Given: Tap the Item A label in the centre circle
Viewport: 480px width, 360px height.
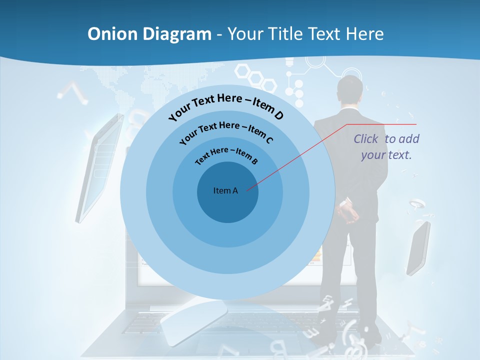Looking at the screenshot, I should click(225, 190).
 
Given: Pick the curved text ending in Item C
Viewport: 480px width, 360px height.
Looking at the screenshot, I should click(226, 131).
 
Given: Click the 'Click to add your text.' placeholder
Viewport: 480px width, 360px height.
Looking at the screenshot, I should click(386, 147).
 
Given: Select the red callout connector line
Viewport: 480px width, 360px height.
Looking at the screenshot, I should click(300, 155).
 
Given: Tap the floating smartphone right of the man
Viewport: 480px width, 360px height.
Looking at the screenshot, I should click(418, 247).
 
